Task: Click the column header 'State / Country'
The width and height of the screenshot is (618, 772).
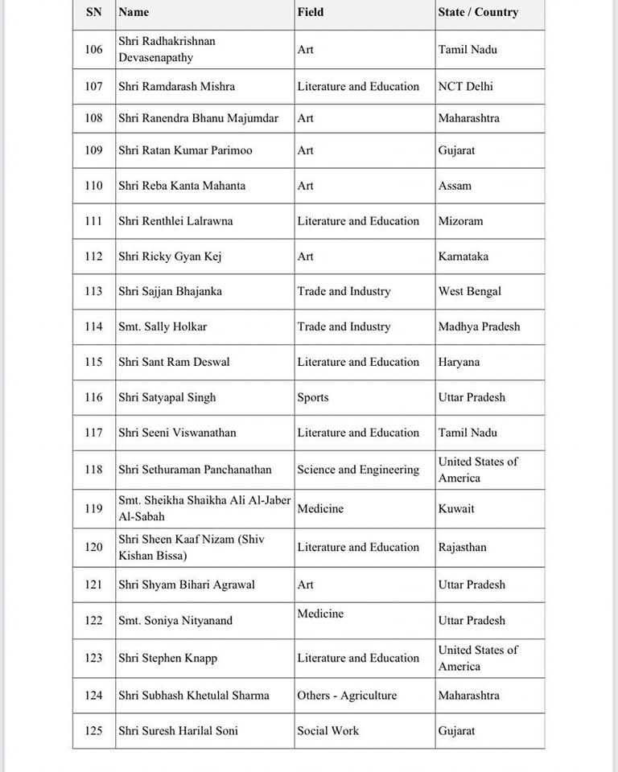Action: (x=478, y=12)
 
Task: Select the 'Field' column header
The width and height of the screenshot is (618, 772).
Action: (x=311, y=12)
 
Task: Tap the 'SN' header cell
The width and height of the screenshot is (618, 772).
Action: (x=93, y=12)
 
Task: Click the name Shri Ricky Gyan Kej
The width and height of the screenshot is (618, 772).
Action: (x=169, y=257)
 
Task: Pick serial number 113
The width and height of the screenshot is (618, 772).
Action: (x=93, y=292)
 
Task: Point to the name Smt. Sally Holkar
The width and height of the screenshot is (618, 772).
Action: (x=163, y=326)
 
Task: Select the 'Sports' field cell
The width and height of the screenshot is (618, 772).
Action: (x=313, y=397)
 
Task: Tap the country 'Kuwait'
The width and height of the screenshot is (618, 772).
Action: (x=456, y=509)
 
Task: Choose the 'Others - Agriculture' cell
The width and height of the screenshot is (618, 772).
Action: (x=347, y=696)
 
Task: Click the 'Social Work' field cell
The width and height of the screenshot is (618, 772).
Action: (x=328, y=731)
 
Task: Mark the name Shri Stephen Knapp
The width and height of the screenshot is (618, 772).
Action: (x=167, y=659)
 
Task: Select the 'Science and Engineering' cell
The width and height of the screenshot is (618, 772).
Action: (x=358, y=470)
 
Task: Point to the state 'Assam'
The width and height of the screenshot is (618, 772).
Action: (x=455, y=186)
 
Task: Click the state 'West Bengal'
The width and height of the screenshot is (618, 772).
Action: (x=469, y=292)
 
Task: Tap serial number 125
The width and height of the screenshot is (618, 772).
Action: (x=93, y=731)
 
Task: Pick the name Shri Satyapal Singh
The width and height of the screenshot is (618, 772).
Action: (x=167, y=397)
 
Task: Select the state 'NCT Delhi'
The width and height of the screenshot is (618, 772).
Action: (x=466, y=87)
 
